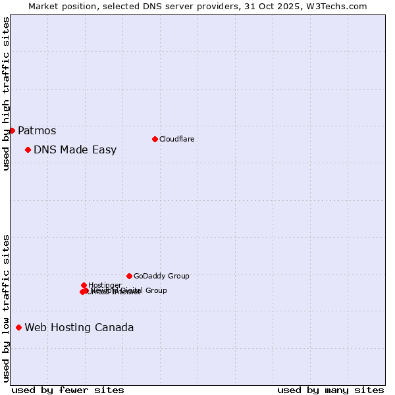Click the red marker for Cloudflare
(155, 139)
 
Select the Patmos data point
(12, 130)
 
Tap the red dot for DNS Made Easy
(28, 149)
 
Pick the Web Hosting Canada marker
(18, 327)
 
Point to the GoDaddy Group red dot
(129, 276)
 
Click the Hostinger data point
(84, 285)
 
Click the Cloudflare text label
(176, 139)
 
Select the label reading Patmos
(37, 130)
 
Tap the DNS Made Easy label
(75, 149)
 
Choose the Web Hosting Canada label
(79, 327)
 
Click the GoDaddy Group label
(161, 276)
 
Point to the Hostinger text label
(105, 285)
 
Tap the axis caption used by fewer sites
(68, 390)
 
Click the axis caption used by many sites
(330, 390)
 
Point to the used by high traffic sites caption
(6, 93)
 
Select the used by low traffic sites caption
(6, 308)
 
